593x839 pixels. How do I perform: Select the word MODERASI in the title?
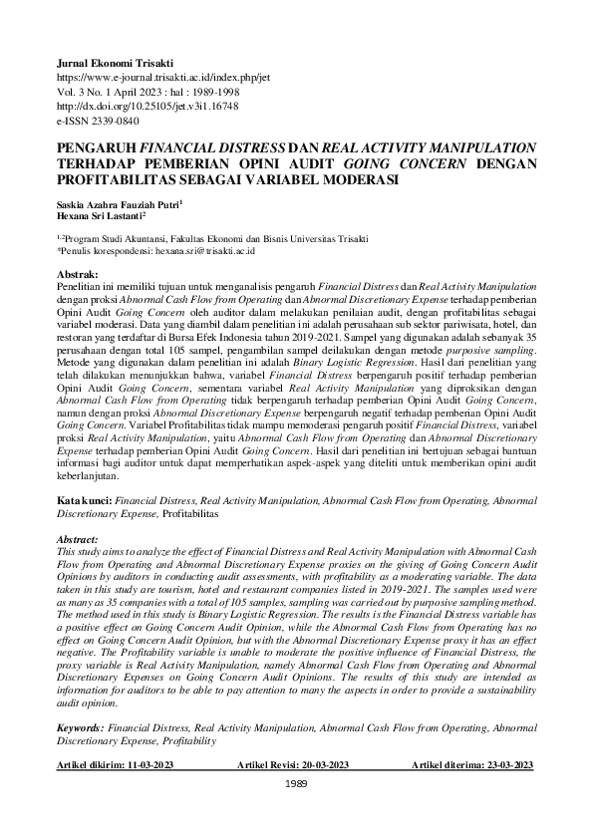357,180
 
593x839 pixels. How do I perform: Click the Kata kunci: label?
85,494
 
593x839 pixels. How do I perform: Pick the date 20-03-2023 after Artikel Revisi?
319,764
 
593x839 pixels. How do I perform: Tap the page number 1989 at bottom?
296,784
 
